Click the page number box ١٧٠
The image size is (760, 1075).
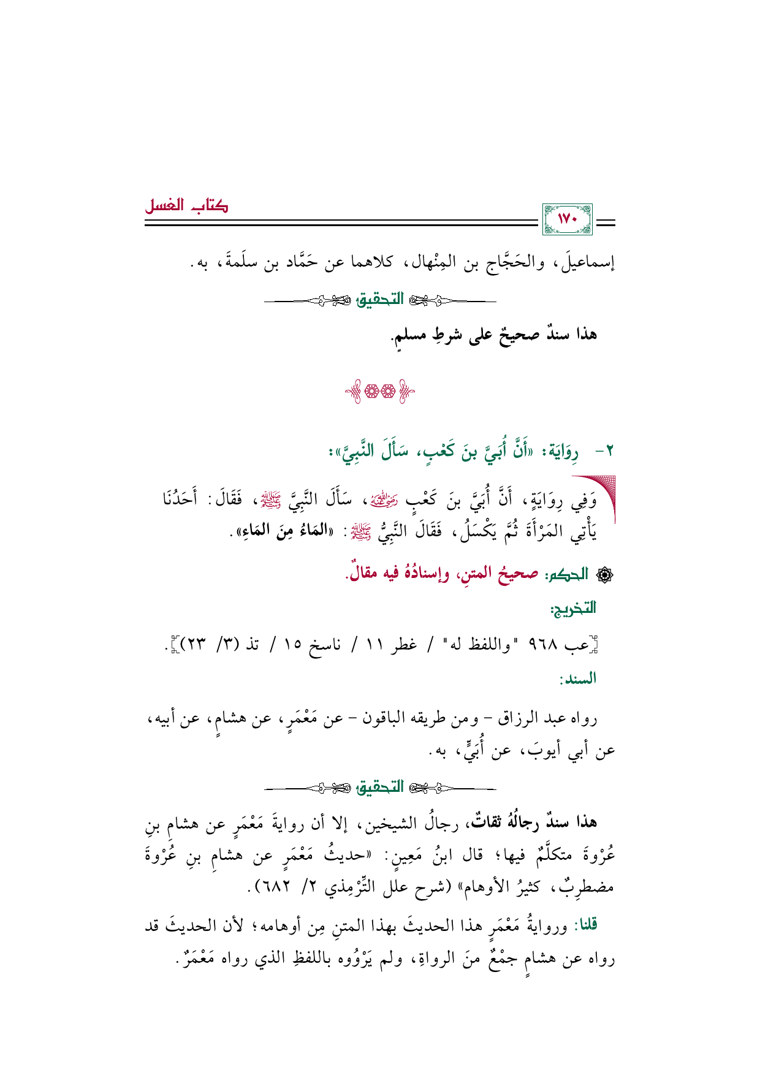tap(568, 220)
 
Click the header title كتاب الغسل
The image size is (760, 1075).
tap(186, 206)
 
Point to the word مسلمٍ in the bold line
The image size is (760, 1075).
tap(410, 335)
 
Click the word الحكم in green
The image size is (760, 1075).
tap(566, 574)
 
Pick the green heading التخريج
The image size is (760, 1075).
tap(573, 609)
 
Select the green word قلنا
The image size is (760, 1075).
tap(586, 925)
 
